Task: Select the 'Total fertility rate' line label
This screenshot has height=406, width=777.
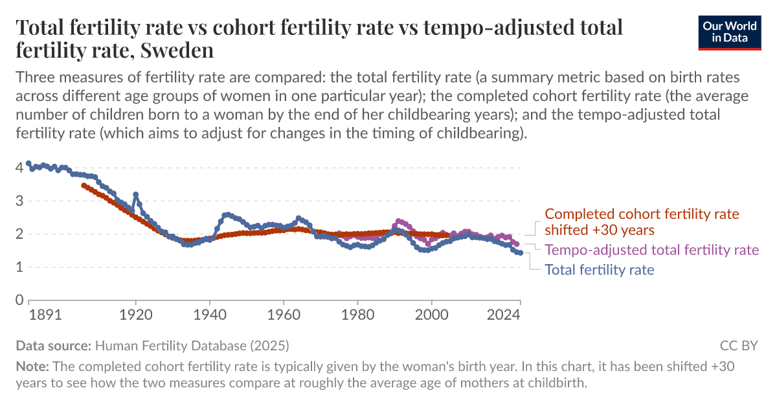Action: pos(600,269)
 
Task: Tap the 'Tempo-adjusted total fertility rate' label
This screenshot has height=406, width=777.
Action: pos(652,250)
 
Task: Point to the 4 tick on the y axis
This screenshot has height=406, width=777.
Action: pos(19,168)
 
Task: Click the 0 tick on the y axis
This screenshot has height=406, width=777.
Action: pos(19,300)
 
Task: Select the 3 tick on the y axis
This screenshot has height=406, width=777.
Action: pos(19,201)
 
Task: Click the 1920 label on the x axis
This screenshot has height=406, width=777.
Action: pos(136,315)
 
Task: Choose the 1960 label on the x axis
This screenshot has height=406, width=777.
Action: pos(284,315)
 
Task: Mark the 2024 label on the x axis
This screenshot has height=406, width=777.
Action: pos(505,315)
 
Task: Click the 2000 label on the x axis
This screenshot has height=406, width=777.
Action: pos(431,315)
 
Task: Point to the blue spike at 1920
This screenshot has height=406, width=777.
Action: pos(136,194)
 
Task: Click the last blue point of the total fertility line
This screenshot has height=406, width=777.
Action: pos(520,253)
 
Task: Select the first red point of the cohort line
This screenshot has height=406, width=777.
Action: pos(84,185)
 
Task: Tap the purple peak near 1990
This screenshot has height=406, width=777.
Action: pos(398,221)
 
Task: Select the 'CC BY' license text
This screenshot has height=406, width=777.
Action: pos(738,345)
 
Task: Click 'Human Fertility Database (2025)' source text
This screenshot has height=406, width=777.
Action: pos(193,345)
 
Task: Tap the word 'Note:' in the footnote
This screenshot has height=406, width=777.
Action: pos(30,366)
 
